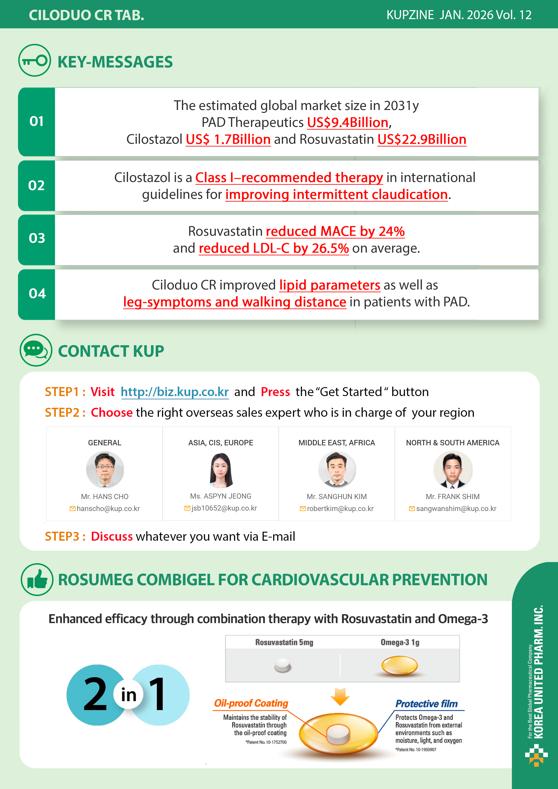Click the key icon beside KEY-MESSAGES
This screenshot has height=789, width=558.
(34, 61)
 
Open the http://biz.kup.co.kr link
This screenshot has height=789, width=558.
(175, 392)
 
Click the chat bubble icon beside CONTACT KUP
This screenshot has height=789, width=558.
(36, 350)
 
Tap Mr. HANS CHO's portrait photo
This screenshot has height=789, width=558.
(105, 469)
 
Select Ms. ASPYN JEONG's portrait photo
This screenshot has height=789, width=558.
(221, 470)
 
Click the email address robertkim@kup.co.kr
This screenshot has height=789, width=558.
(340, 509)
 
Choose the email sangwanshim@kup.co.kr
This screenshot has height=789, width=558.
(456, 509)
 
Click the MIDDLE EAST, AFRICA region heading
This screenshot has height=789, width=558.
(337, 443)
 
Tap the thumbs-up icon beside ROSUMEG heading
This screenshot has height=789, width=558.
(37, 579)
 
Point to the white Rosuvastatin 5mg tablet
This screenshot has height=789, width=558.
(283, 665)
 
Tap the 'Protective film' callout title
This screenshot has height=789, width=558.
(426, 704)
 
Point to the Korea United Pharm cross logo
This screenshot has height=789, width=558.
(536, 755)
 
